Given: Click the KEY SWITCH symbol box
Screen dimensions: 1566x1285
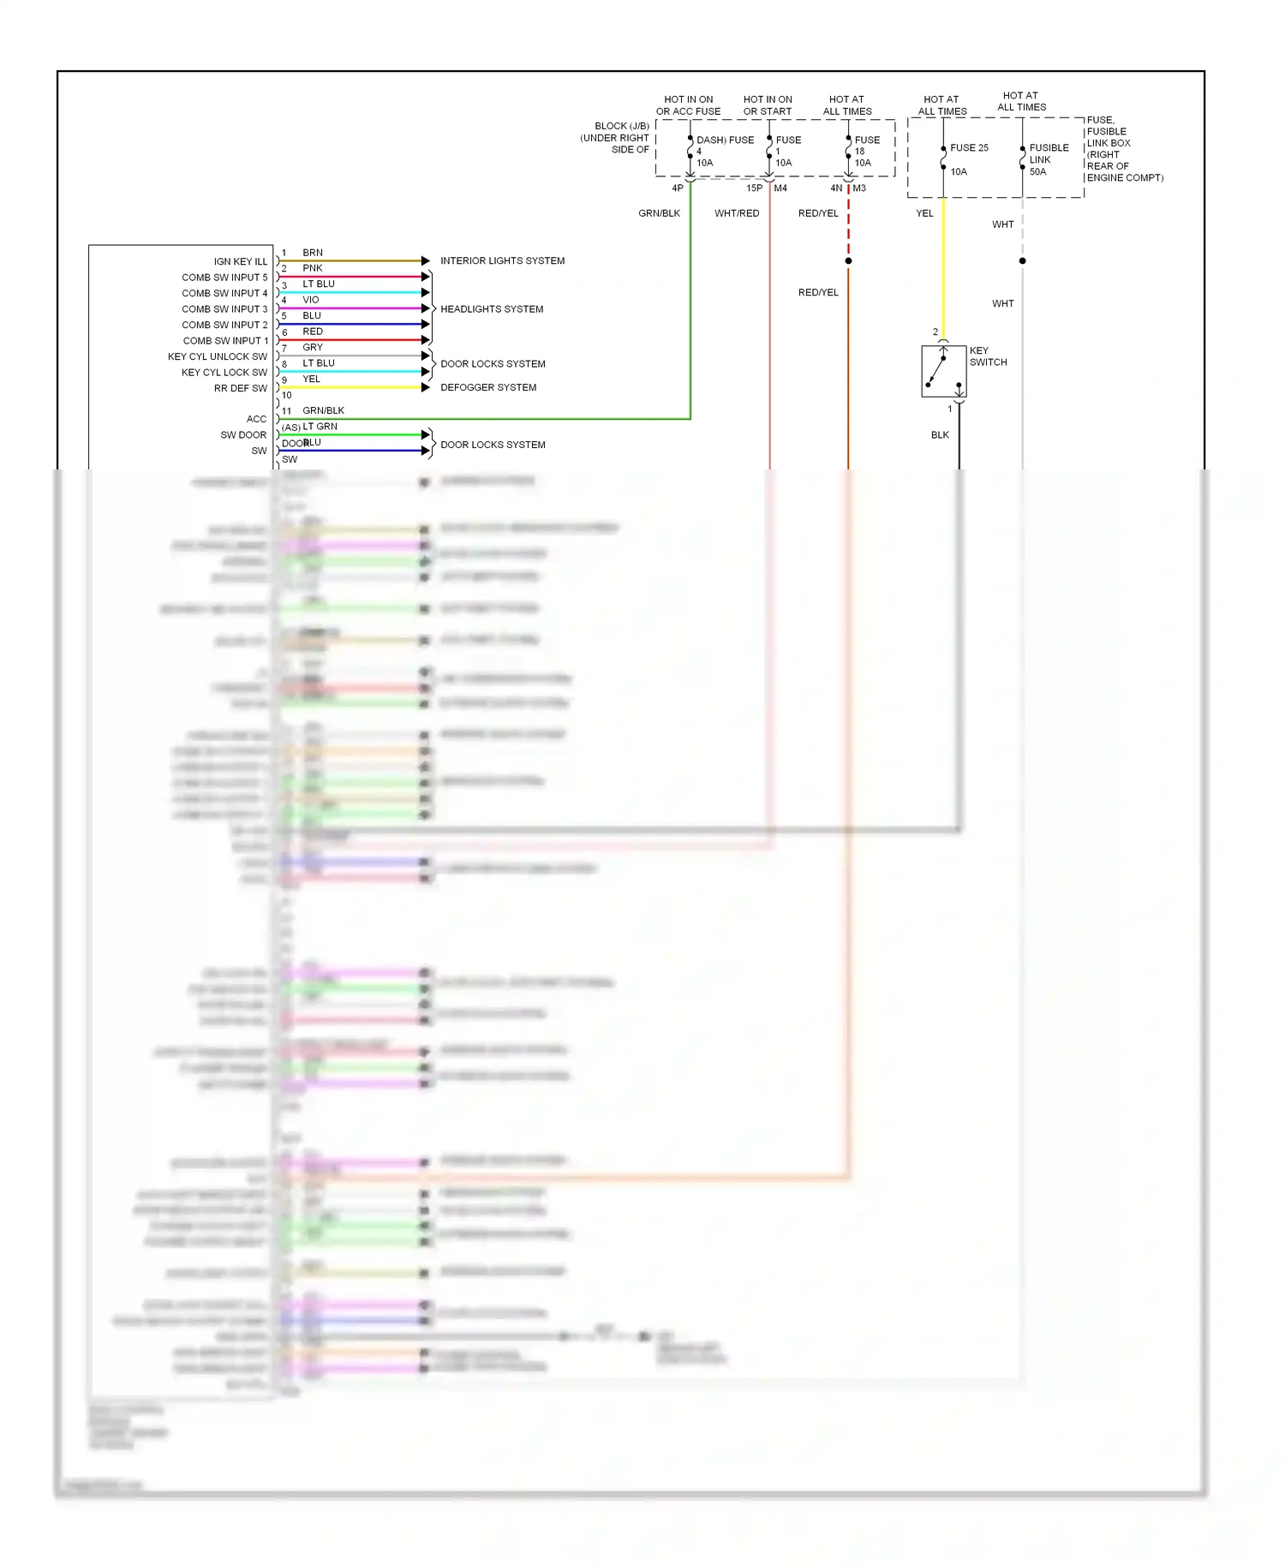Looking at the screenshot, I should tap(943, 371).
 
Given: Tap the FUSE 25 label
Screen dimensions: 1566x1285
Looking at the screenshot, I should tap(969, 147).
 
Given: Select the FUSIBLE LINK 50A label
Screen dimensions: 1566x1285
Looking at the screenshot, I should tap(1048, 159).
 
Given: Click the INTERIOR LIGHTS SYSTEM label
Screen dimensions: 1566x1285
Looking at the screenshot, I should tap(502, 260).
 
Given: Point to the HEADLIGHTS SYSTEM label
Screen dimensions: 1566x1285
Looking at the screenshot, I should tap(492, 309).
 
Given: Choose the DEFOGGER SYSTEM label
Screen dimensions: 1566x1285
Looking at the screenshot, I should tap(488, 387).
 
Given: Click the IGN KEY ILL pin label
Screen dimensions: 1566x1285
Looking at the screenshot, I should tap(240, 261).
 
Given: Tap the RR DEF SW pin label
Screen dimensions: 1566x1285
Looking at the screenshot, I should tap(240, 388).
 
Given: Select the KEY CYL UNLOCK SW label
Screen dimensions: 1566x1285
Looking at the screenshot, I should tap(217, 356).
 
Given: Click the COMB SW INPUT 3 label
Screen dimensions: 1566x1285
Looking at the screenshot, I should tap(224, 309).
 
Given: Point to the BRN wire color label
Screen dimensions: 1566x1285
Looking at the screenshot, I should tap(313, 253).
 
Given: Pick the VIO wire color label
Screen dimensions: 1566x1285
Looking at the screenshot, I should tap(310, 300).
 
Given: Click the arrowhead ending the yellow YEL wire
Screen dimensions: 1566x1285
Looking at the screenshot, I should tap(425, 387).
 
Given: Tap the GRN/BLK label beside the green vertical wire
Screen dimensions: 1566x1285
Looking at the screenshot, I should tap(659, 213).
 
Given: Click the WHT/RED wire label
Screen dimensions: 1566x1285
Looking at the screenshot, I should tap(737, 213).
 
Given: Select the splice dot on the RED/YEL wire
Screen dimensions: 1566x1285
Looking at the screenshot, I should tap(848, 260).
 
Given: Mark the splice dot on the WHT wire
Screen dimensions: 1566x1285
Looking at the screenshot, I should tap(1022, 260).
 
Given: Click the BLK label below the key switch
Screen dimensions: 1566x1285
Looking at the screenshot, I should tap(940, 435).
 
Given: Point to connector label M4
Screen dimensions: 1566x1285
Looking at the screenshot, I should tap(780, 188).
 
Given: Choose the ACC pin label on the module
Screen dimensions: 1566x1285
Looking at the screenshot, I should tap(256, 419).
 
